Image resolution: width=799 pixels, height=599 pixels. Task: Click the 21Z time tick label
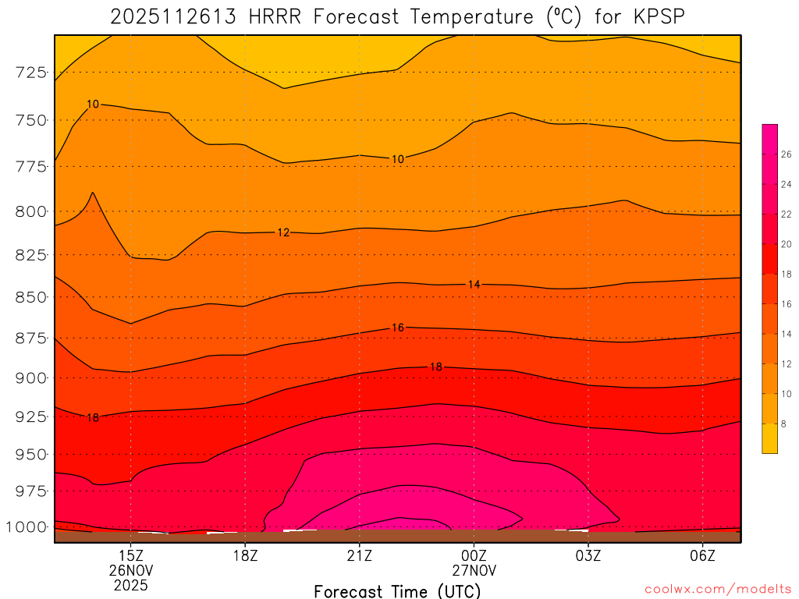pos(359,555)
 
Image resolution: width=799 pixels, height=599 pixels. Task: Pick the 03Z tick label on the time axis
pos(588,555)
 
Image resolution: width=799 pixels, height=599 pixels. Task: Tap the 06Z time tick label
pos(703,555)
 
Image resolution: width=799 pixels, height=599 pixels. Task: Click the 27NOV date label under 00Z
pos(474,569)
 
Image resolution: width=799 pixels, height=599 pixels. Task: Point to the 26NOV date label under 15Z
pos(130,569)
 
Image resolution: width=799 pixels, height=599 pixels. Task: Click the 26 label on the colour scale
pos(786,154)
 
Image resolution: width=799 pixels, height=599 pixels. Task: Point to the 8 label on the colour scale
pos(783,424)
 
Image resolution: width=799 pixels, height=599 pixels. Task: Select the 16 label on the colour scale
pos(786,304)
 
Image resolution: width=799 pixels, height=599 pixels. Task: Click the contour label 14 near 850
pos(474,285)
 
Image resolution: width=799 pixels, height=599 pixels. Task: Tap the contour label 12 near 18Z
pos(283,232)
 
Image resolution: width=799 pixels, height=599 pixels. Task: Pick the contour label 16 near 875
pos(397,328)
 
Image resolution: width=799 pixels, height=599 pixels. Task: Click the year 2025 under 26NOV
pos(130,583)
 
